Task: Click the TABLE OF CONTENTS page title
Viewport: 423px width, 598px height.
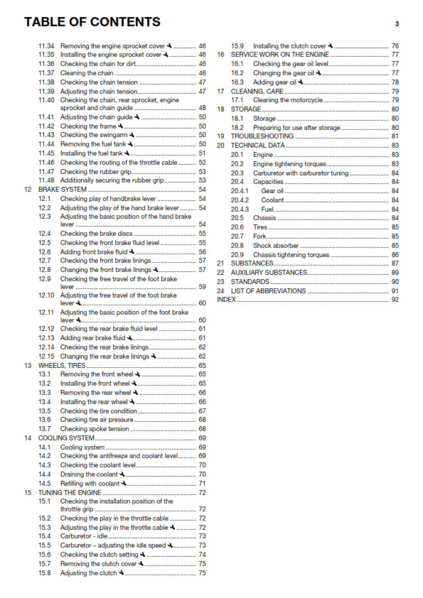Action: click(x=92, y=22)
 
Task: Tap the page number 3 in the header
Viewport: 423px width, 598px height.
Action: click(x=397, y=24)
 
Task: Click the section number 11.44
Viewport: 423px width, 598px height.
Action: click(x=46, y=144)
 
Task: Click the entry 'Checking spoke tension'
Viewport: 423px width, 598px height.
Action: click(x=95, y=429)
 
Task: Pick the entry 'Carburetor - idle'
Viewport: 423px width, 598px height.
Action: click(x=83, y=536)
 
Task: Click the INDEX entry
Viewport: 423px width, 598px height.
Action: click(x=226, y=300)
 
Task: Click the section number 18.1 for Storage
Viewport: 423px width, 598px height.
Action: click(x=238, y=119)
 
